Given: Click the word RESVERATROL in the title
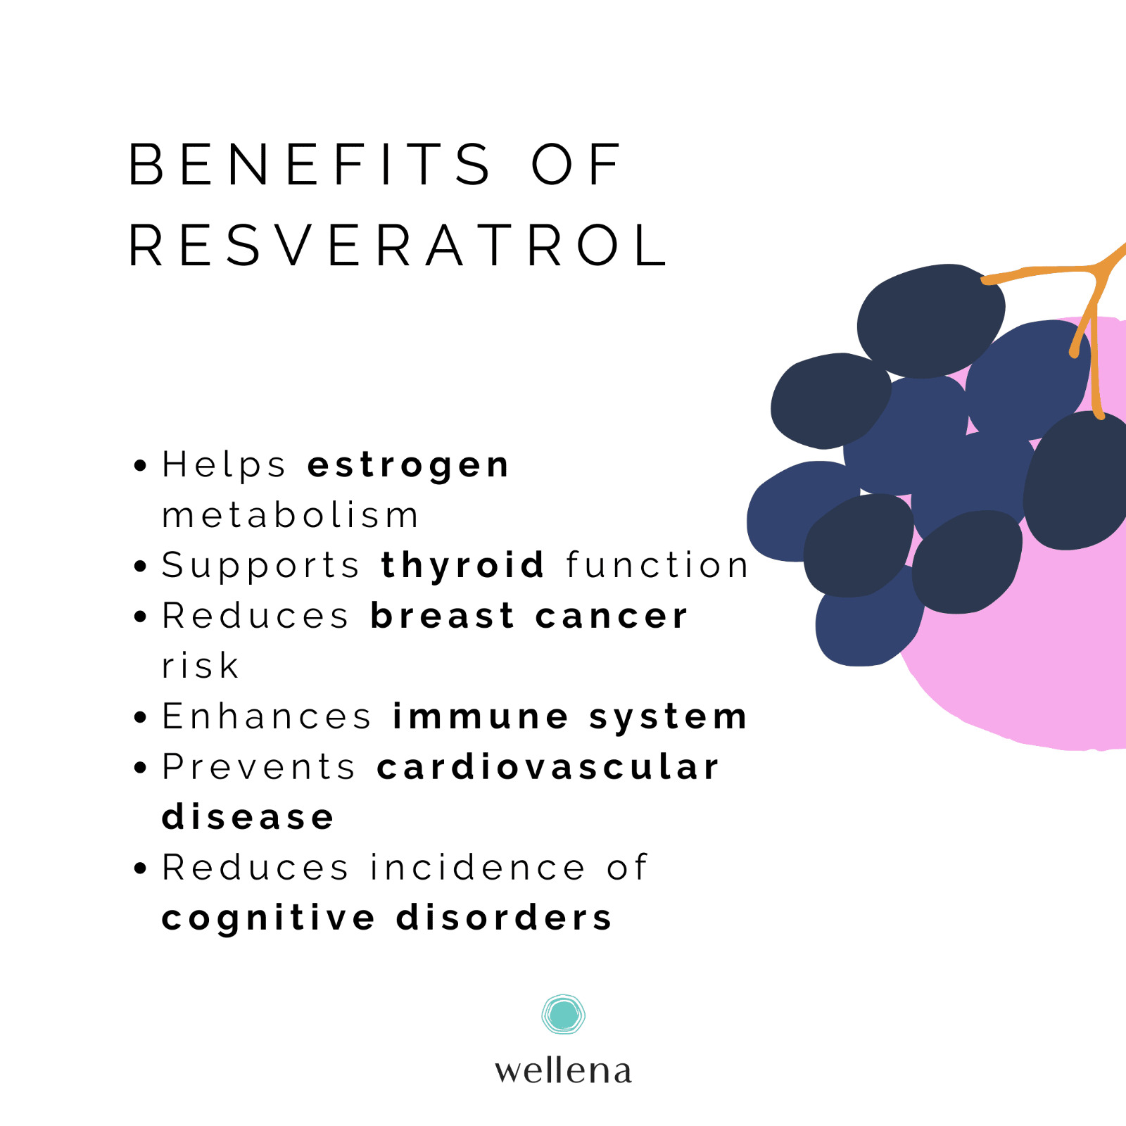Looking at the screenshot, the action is click(398, 245).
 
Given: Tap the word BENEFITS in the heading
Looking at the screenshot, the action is click(310, 164).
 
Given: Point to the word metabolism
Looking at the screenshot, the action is click(290, 514).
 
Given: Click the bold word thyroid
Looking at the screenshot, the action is click(462, 566).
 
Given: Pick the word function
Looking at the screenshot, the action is click(657, 564).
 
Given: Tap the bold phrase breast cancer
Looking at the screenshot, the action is click(529, 616).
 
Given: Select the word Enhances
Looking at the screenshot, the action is click(267, 716).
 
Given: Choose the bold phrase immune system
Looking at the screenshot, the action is click(570, 717).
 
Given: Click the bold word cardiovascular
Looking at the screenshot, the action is click(548, 766).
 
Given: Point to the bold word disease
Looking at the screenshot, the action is click(248, 817).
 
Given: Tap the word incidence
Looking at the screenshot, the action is click(478, 867).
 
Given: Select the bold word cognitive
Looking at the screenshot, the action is click(269, 918).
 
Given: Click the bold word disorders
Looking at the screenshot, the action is click(504, 918).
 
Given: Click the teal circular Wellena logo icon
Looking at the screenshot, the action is click(563, 1014).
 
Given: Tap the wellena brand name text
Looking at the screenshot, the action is click(563, 1070).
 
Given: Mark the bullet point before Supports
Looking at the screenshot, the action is click(141, 566).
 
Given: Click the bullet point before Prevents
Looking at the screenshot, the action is click(141, 767).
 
